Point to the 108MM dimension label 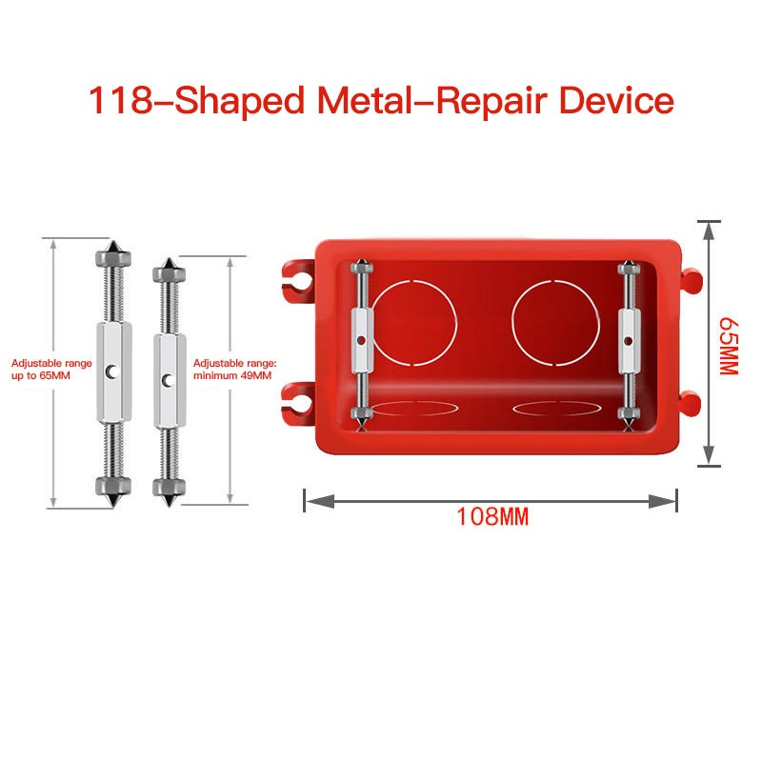click(x=492, y=516)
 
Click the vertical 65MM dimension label click(x=729, y=346)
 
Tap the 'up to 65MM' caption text click(x=41, y=375)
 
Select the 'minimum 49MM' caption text click(x=232, y=375)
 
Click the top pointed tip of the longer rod click(x=113, y=241)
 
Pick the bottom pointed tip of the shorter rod click(x=170, y=506)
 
